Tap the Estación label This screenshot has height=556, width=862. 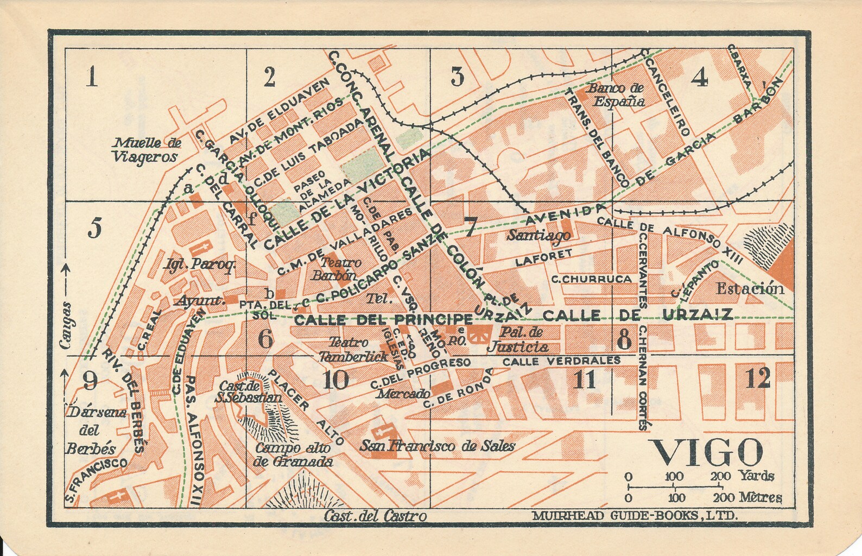(750, 289)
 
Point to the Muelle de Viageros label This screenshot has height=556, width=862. (145, 150)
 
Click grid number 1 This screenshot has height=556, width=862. (92, 78)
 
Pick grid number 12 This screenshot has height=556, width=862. (758, 379)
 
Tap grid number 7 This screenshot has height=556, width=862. (470, 228)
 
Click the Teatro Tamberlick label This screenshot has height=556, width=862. (353, 349)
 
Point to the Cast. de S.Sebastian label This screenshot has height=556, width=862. (248, 391)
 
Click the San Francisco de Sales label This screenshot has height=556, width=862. (438, 446)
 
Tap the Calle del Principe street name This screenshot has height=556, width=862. (383, 319)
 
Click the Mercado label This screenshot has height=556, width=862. (404, 394)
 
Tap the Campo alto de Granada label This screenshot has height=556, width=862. (293, 455)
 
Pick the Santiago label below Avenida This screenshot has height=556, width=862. (538, 235)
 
